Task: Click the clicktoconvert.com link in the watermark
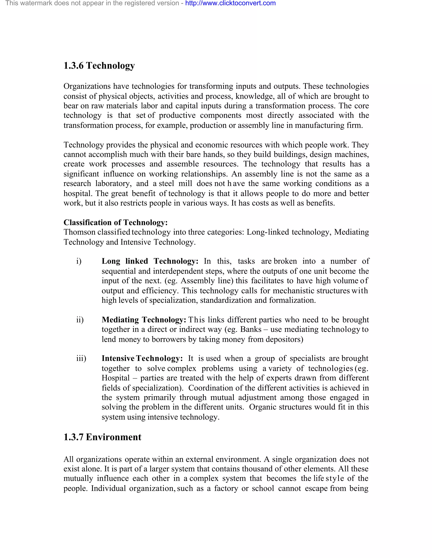[x=230, y=3]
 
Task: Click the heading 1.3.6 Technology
[x=99, y=66]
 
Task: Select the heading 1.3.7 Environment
[x=102, y=437]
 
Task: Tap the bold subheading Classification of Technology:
[x=115, y=222]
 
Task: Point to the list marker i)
[x=79, y=261]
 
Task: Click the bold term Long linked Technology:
[x=150, y=261]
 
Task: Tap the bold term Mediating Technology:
[x=144, y=320]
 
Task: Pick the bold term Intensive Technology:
[x=142, y=358]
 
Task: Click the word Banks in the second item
[x=251, y=329]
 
